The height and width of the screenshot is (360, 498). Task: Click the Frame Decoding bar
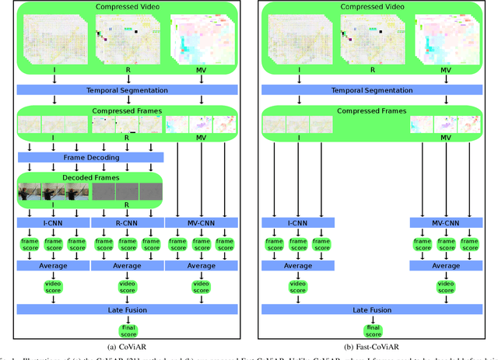pos(90,156)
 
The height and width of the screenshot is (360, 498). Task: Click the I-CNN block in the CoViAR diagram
pos(54,223)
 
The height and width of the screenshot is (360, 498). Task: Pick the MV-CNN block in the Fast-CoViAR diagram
pos(446,223)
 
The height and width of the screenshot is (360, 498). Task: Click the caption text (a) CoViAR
pos(128,348)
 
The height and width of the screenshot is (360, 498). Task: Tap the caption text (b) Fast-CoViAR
pos(372,348)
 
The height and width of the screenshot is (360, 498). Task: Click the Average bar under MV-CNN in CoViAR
pos(202,266)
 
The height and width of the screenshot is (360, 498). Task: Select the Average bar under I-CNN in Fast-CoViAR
pos(298,266)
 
